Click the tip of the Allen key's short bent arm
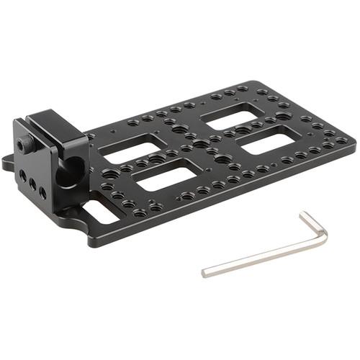(x=303, y=214)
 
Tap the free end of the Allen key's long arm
(x=205, y=273)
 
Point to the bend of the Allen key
(x=323, y=235)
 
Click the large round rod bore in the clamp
(x=71, y=171)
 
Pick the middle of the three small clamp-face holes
(x=32, y=184)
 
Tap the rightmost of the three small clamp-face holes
(x=42, y=192)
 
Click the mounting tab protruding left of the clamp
(x=8, y=161)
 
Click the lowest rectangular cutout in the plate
(x=168, y=176)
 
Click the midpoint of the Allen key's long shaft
(x=264, y=254)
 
